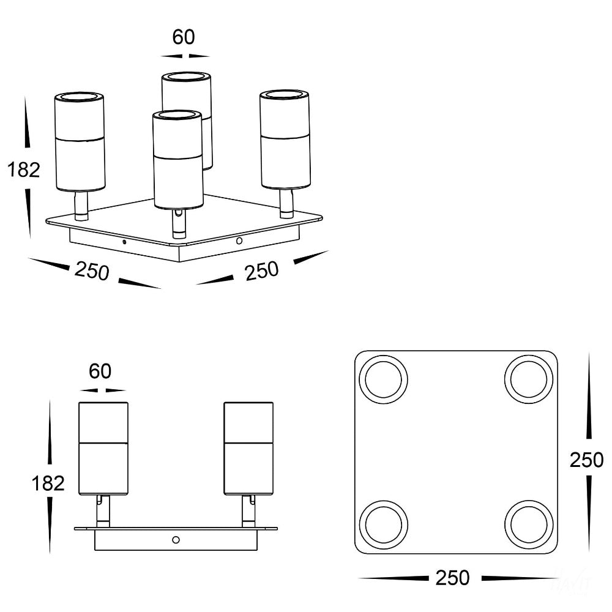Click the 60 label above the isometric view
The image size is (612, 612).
pyautogui.click(x=184, y=37)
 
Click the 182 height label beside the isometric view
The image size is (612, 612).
pyautogui.click(x=24, y=170)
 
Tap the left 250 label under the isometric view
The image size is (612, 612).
pyautogui.click(x=92, y=271)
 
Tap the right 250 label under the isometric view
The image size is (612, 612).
pyautogui.click(x=262, y=271)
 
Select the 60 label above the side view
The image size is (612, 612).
pyautogui.click(x=100, y=371)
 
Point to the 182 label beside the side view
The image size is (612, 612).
pyautogui.click(x=48, y=483)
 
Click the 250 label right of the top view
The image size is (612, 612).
pyautogui.click(x=586, y=460)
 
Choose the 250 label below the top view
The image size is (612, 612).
pyautogui.click(x=452, y=578)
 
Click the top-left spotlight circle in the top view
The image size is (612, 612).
pyautogui.click(x=383, y=379)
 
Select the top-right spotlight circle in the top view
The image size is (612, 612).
pyautogui.click(x=529, y=379)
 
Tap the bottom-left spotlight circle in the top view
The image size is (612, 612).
pyautogui.click(x=383, y=525)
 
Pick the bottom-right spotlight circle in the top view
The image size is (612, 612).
pyautogui.click(x=529, y=525)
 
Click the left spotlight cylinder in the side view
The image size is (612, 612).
pyautogui.click(x=103, y=449)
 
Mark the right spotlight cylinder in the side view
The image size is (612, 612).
pyautogui.click(x=248, y=449)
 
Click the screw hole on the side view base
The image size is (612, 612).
pyautogui.click(x=176, y=540)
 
